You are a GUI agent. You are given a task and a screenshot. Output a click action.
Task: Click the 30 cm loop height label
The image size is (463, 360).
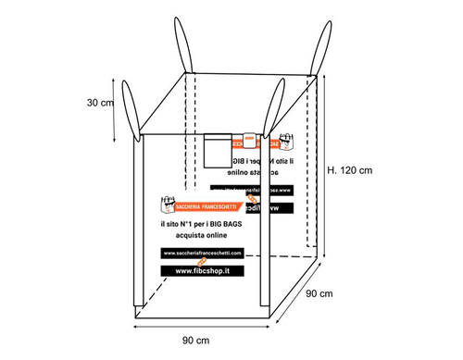pyautogui.click(x=100, y=103)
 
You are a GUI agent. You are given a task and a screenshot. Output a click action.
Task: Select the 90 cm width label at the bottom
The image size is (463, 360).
pyautogui.click(x=195, y=341)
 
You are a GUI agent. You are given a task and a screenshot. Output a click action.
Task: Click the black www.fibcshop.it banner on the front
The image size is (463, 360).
pyautogui.click(x=201, y=270)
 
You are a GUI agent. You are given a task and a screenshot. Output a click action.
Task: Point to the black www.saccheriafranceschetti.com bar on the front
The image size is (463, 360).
pyautogui.click(x=201, y=253)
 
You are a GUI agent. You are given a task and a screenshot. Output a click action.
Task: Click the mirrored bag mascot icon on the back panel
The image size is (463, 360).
pyautogui.click(x=288, y=142)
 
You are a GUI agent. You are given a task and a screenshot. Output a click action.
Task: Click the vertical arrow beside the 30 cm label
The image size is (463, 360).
pyautogui.click(x=115, y=110)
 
